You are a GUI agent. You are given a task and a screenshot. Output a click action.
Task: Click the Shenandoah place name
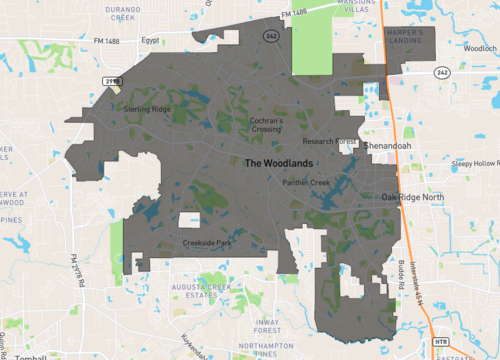point(387,145)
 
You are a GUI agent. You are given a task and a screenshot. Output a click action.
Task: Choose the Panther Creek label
point(306,183)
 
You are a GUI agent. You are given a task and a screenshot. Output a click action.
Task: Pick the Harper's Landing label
point(410,36)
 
